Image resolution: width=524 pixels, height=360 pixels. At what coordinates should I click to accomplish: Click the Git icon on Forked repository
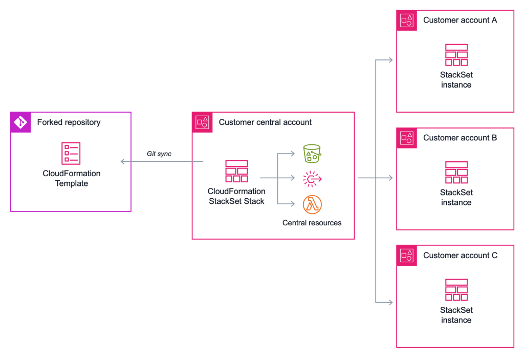point(20,122)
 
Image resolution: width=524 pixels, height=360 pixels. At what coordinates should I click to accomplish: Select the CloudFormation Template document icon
point(71,154)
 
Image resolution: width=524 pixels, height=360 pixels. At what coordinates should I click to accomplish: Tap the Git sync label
point(159,154)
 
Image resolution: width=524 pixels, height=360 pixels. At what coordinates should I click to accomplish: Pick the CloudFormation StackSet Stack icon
point(236,171)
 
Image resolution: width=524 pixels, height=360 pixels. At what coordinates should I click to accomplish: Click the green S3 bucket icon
point(312,153)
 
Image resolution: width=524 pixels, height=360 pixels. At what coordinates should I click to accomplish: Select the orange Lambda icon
point(312,204)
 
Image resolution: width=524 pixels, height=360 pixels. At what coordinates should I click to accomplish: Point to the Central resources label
point(312,223)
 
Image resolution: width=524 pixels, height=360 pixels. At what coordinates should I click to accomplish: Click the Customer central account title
point(265,122)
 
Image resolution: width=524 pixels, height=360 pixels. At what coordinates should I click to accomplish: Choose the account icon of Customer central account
point(202,122)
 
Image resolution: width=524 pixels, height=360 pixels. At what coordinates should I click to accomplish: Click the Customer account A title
point(460,20)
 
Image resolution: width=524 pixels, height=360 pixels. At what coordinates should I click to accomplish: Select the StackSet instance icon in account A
point(456,55)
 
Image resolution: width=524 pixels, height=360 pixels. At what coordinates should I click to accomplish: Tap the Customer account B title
point(460,138)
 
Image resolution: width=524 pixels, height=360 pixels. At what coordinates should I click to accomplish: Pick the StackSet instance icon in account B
point(456,173)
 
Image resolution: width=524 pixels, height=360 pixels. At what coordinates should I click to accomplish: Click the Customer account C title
point(460,255)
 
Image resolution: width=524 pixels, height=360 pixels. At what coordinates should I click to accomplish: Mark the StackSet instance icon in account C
point(456,290)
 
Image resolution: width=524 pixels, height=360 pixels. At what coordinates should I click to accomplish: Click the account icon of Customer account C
point(407,255)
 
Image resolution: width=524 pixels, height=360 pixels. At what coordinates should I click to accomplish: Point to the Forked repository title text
point(69,122)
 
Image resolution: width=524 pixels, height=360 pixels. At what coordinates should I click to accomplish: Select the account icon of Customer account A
point(407,20)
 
